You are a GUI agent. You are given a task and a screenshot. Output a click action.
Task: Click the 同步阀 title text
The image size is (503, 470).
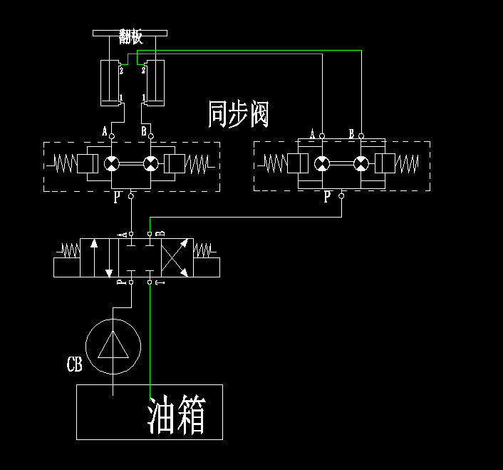(238, 114)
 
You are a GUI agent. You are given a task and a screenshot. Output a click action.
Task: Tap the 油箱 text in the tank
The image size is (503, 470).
(177, 416)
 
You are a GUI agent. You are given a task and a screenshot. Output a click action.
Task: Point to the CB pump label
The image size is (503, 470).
(74, 366)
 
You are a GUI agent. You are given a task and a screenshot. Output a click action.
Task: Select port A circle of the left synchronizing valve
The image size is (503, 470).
(111, 135)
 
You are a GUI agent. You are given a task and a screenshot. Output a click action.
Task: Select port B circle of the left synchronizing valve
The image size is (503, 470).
(150, 135)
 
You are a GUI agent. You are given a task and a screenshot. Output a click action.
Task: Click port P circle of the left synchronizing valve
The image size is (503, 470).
(131, 195)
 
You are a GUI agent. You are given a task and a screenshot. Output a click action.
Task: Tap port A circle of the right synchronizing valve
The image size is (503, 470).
(322, 136)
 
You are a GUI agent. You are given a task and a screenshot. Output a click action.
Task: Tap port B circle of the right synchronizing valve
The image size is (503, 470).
(361, 136)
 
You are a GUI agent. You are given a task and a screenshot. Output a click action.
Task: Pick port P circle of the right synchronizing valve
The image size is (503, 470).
(341, 195)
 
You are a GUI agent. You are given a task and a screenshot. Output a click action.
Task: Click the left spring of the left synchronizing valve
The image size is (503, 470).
(64, 164)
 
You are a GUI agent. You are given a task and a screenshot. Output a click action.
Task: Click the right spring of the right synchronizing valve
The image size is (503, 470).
(408, 164)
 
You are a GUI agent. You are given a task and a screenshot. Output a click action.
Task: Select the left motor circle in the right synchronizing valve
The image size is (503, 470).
(322, 164)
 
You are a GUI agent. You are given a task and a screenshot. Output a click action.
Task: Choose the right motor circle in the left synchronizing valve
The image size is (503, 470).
(150, 164)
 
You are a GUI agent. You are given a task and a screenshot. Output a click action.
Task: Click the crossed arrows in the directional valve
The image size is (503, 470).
(175, 257)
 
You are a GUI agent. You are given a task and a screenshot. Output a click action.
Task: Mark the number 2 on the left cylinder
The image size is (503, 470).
(121, 70)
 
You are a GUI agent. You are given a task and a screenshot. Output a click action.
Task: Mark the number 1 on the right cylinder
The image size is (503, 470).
(145, 97)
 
